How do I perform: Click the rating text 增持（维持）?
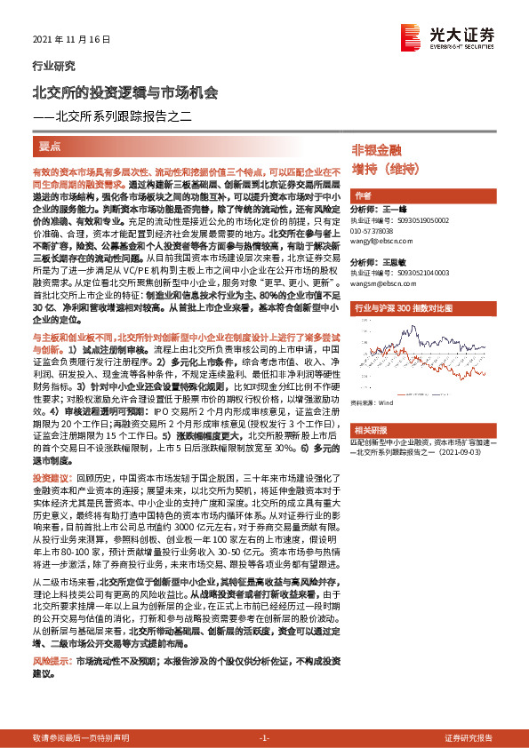point(384,168)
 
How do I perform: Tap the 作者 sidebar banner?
point(363,195)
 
